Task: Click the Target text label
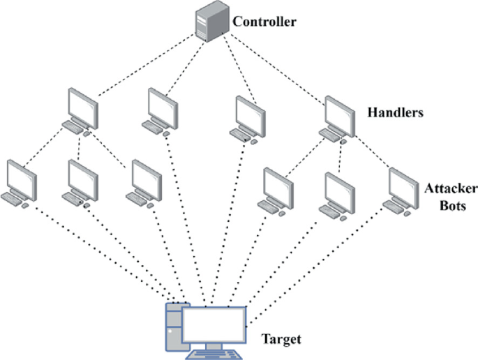pos(281,340)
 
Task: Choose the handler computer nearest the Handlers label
pos(339,114)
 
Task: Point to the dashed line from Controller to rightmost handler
pos(279,68)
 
